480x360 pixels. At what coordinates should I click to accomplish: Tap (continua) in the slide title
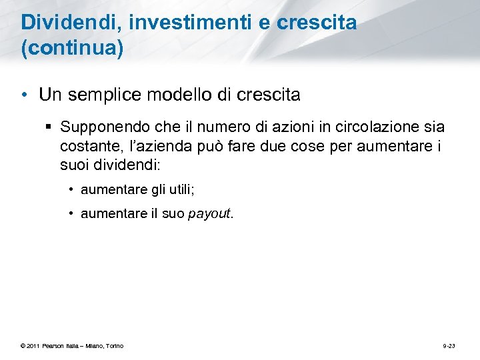(72, 50)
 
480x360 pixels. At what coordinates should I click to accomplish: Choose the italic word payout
(209, 214)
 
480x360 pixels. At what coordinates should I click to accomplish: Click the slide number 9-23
(449, 345)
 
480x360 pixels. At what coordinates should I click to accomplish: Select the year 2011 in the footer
(34, 345)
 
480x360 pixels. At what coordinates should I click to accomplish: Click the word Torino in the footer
(113, 345)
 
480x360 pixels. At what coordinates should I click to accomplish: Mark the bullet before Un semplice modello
(25, 95)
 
